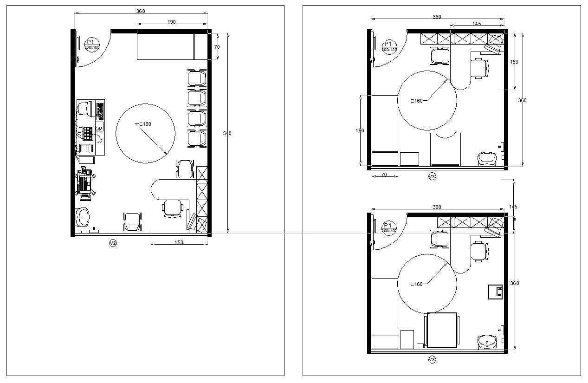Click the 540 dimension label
pyautogui.click(x=227, y=134)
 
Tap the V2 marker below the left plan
pyautogui.click(x=113, y=243)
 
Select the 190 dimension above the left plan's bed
pyautogui.click(x=172, y=22)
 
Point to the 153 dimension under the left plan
pyautogui.click(x=179, y=242)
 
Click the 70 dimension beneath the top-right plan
pyautogui.click(x=384, y=175)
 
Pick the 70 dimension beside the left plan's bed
pyautogui.click(x=217, y=47)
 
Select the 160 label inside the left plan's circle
pyautogui.click(x=145, y=124)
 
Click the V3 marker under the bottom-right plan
pyautogui.click(x=432, y=359)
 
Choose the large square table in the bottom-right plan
pyautogui.click(x=442, y=330)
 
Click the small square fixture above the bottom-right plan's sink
pyautogui.click(x=496, y=292)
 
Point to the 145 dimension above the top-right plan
pyautogui.click(x=477, y=24)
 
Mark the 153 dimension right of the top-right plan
pyautogui.click(x=514, y=62)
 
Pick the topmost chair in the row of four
pyautogui.click(x=197, y=77)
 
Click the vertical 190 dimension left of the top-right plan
pyautogui.click(x=360, y=131)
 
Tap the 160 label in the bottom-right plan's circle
pyautogui.click(x=418, y=285)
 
